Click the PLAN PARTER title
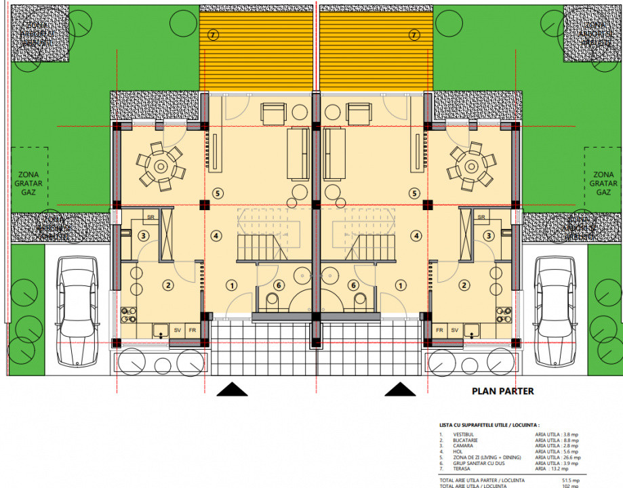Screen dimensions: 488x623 tap(502, 391)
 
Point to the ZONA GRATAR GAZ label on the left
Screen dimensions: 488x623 tap(27, 183)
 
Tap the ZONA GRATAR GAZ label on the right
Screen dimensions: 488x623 tap(603, 183)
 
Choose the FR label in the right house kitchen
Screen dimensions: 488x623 tap(439, 330)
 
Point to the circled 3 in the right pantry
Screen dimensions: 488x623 tap(489, 236)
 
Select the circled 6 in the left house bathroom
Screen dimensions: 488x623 tap(278, 285)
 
